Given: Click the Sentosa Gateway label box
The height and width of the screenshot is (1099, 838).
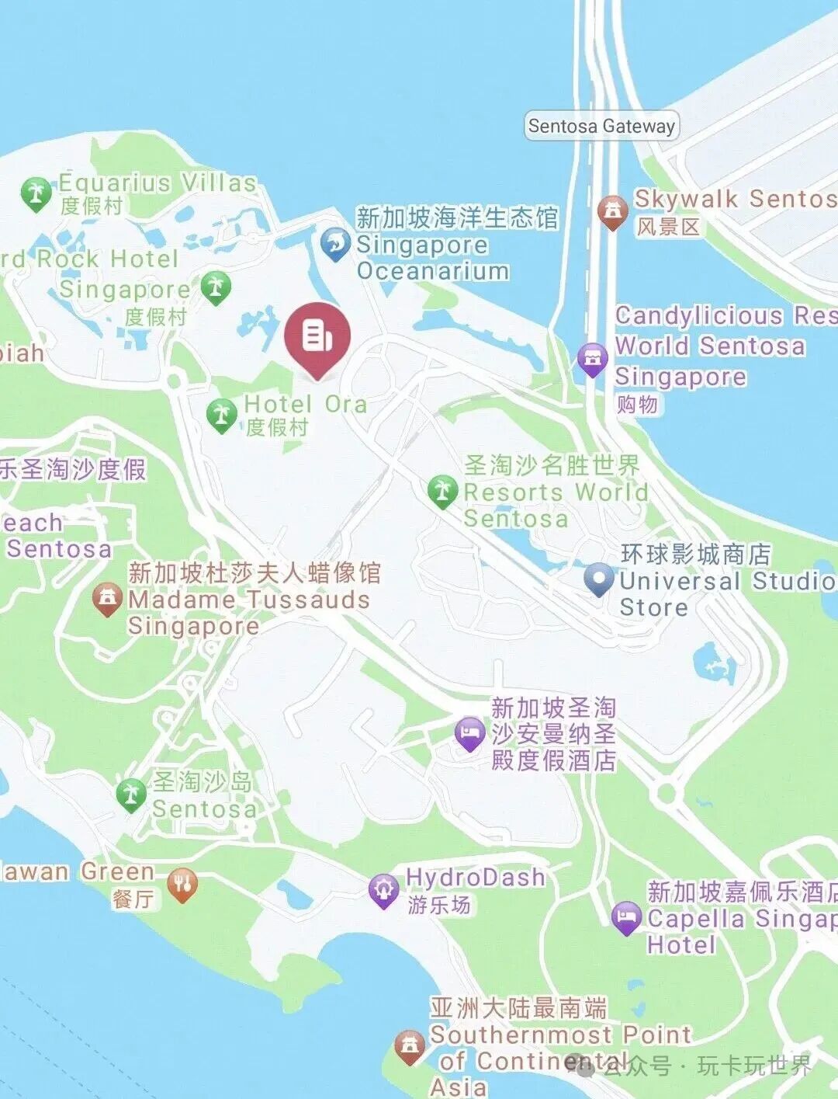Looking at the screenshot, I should (601, 126).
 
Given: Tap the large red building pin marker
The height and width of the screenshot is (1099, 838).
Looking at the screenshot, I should (317, 338).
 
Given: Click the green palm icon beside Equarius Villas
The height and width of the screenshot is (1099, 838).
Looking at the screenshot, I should (36, 193).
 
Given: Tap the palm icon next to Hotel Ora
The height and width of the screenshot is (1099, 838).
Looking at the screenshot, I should (221, 414).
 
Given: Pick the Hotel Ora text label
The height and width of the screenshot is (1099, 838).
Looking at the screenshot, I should (305, 404).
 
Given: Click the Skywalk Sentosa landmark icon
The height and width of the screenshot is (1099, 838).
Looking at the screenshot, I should (613, 210).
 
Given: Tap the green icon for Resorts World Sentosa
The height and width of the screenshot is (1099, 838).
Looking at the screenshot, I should (442, 491).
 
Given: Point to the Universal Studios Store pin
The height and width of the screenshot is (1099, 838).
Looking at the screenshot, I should (598, 579).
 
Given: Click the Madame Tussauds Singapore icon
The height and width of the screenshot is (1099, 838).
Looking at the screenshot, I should (107, 599).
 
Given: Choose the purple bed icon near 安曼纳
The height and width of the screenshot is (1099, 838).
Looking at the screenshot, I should (469, 733).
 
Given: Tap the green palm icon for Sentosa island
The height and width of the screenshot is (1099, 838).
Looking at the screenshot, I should (131, 794).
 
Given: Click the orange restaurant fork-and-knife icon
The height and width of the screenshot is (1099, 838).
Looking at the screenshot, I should (182, 885).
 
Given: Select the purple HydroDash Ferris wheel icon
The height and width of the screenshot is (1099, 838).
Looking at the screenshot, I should (383, 890).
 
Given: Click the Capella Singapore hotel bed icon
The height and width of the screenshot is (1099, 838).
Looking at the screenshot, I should (626, 918).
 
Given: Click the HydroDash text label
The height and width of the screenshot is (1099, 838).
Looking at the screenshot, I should (475, 878).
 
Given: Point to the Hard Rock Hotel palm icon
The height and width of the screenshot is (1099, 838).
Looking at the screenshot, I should (216, 287).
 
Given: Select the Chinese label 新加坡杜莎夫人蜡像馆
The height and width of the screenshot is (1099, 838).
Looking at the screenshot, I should (255, 573).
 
